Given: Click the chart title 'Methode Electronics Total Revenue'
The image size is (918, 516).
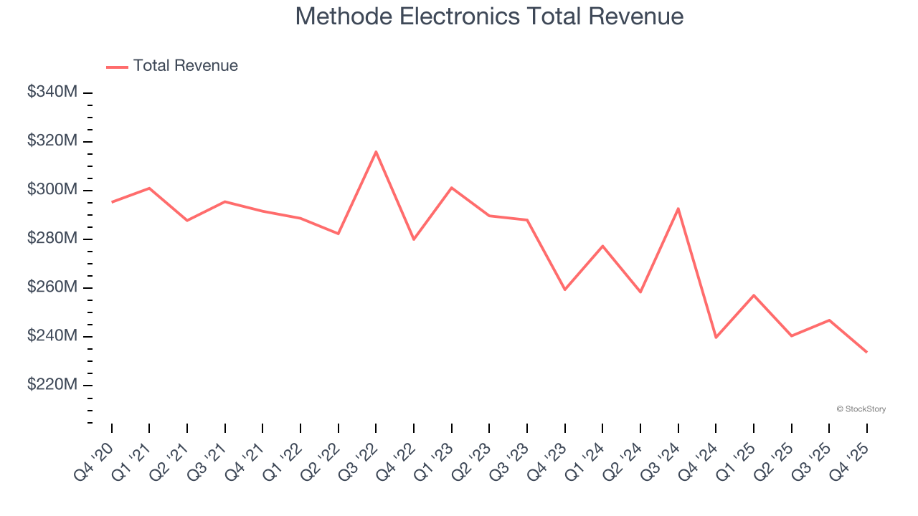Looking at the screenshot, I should coord(489,16).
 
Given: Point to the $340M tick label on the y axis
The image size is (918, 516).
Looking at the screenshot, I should coord(52,92).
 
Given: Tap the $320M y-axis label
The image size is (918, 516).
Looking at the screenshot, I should coord(52,140).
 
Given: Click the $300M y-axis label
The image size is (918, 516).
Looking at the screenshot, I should coord(52,189).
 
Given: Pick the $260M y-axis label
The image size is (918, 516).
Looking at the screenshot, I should coord(52,287).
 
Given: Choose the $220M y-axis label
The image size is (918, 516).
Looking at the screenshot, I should coord(52,384).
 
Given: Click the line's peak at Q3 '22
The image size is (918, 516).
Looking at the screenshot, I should coord(376,151).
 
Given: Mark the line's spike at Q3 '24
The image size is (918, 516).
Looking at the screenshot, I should coord(678,209).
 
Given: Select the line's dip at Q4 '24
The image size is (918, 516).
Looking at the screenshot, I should coord(716,338).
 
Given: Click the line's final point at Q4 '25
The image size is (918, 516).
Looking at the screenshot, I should coord(866,352).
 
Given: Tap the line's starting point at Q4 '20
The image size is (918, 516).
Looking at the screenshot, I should coord(112,202).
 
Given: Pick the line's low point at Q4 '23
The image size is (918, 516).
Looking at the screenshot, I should coord(564,290).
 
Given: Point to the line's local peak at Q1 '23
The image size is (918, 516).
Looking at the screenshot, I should coord(451,187).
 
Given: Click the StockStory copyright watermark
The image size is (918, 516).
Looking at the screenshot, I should coord(861,409).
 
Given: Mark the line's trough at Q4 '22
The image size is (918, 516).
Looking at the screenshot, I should coord(414,239).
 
